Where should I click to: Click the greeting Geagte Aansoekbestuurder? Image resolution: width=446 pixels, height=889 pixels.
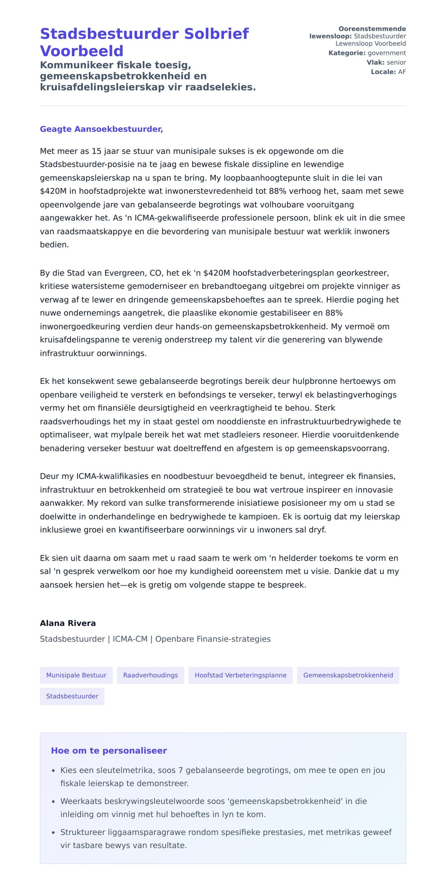click(101, 129)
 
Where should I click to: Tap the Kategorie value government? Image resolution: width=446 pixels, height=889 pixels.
click(387, 53)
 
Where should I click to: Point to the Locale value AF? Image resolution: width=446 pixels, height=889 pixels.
click(402, 72)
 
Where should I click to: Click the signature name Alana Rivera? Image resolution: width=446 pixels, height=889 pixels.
click(68, 623)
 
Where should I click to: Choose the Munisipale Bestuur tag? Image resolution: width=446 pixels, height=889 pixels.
click(76, 675)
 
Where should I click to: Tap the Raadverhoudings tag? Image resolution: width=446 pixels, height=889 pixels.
click(151, 675)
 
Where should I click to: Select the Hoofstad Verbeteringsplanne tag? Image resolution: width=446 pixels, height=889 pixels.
click(240, 675)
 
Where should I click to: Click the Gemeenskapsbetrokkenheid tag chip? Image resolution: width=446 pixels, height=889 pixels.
click(348, 675)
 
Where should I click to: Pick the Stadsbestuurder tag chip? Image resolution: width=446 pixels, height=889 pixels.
click(72, 696)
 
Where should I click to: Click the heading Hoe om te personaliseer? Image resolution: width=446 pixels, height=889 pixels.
click(109, 751)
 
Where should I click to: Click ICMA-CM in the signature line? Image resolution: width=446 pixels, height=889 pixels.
click(130, 639)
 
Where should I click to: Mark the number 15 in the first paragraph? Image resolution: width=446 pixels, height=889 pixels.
click(96, 151)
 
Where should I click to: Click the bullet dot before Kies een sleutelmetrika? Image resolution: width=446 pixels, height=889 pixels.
click(54, 771)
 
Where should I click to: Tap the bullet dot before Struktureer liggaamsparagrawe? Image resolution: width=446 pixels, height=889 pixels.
click(54, 833)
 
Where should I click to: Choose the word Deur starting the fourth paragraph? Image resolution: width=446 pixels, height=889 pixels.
click(49, 476)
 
